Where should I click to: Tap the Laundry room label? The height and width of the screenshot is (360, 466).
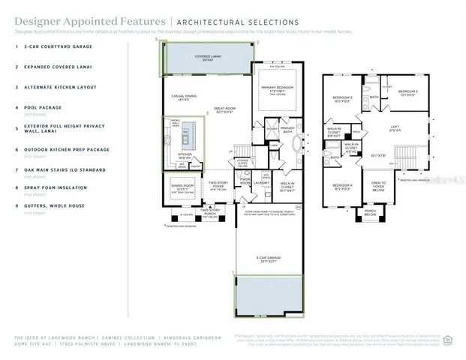pyautogui.click(x=262, y=182)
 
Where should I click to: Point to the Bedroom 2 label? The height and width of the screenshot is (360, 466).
pyautogui.click(x=408, y=91)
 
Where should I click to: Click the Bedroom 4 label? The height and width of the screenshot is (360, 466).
pyautogui.click(x=342, y=185)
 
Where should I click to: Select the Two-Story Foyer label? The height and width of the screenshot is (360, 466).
pyautogui.click(x=218, y=184)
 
